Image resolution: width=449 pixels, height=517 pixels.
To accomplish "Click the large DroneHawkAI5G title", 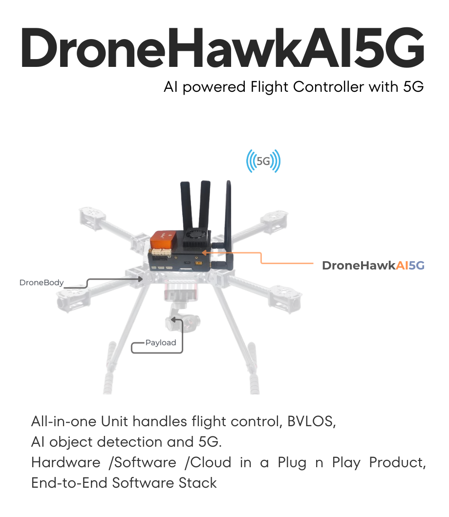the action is (x=223, y=48).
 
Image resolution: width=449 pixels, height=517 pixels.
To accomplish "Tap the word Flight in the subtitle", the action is (x=270, y=87).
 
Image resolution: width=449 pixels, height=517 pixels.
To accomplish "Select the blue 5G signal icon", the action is (x=263, y=161).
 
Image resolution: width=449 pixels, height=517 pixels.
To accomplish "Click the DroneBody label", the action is (x=42, y=283).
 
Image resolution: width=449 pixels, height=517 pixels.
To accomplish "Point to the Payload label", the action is (x=161, y=343).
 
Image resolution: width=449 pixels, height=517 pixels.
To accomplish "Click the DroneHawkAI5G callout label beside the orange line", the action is (x=373, y=266).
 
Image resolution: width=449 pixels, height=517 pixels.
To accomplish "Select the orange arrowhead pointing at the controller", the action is (x=204, y=253).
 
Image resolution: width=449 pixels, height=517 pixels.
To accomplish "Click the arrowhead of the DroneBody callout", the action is (x=141, y=279).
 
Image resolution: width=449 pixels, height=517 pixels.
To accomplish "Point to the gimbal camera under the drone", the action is (x=183, y=322).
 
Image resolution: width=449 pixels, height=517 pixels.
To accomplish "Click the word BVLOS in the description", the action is (x=311, y=421).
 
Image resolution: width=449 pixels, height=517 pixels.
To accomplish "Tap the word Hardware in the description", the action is (x=65, y=462).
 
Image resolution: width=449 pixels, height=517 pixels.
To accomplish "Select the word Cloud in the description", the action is (x=211, y=462).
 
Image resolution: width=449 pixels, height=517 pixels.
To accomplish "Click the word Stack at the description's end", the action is (x=197, y=483).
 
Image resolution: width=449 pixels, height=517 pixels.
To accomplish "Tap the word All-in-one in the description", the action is (x=64, y=421).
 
